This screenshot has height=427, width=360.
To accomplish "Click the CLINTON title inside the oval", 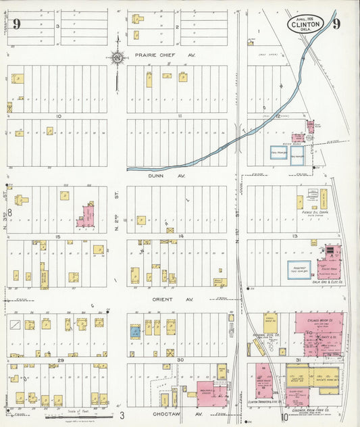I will pyautogui.click(x=306, y=24).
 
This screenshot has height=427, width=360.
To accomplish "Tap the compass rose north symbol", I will pyautogui.click(x=118, y=57).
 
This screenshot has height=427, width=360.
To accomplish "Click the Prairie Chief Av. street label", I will pyautogui.click(x=165, y=55).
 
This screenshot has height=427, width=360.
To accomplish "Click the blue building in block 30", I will pyautogui.click(x=135, y=331).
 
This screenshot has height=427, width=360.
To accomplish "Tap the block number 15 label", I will pyautogui.click(x=59, y=236).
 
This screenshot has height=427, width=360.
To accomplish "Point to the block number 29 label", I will pyautogui.click(x=60, y=361).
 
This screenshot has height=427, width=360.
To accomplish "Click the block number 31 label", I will pyautogui.click(x=298, y=359).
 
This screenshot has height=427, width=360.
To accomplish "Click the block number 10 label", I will pyautogui.click(x=59, y=116).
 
